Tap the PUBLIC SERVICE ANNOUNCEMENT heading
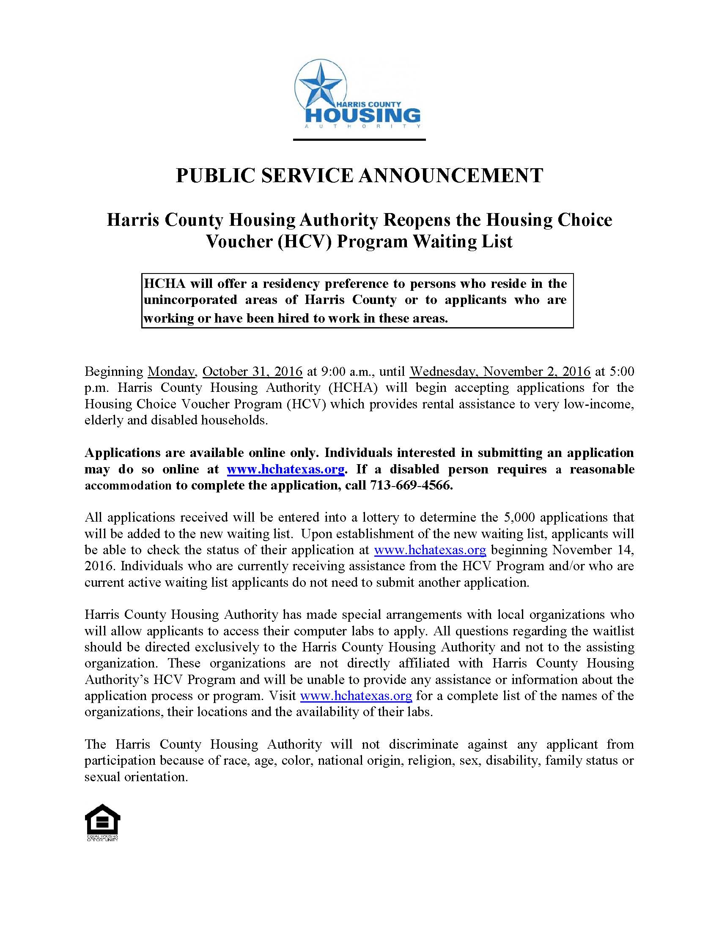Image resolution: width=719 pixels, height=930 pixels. click(359, 175)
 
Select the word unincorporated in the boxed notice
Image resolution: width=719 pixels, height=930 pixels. click(190, 300)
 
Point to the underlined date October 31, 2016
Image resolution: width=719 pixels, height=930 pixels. click(252, 371)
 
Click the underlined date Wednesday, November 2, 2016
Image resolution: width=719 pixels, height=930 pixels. click(500, 371)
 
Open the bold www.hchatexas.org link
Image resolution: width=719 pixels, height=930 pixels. click(285, 469)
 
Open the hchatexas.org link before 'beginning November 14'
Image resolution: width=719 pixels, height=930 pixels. click(430, 550)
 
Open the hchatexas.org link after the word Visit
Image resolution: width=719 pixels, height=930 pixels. click(356, 696)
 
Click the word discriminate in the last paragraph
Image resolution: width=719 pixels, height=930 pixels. click(423, 744)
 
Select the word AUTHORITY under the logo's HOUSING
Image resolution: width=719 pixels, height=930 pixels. click(363, 127)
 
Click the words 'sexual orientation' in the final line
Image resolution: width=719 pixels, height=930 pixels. click(135, 777)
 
